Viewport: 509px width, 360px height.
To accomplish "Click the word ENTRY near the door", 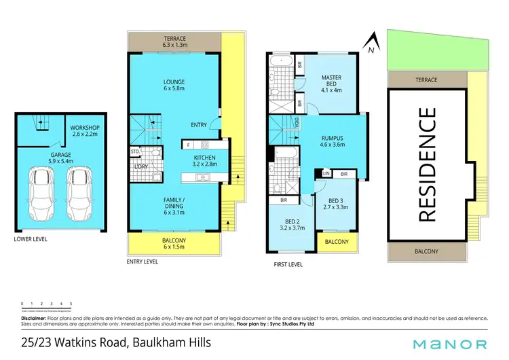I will click(x=199, y=124).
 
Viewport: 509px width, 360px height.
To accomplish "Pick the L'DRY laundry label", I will click(x=141, y=166).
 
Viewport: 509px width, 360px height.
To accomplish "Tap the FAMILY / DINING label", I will click(x=174, y=205).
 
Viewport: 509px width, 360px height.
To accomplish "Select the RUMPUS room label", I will click(x=333, y=141).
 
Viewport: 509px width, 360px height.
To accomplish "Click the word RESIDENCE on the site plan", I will click(x=427, y=165).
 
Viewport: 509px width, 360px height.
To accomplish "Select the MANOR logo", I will click(x=451, y=344).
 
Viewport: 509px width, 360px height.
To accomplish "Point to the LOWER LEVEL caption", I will click(x=32, y=239).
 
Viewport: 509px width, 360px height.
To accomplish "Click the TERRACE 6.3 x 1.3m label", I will click(x=174, y=42).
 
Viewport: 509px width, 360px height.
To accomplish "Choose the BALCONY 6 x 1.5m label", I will click(x=174, y=242).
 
